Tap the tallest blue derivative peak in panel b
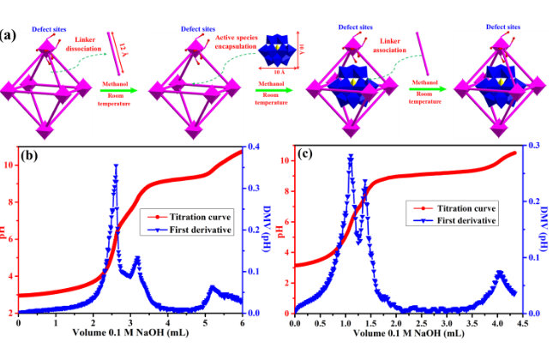pos(116,166)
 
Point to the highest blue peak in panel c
pos(350,156)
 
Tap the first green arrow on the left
pos(116,90)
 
